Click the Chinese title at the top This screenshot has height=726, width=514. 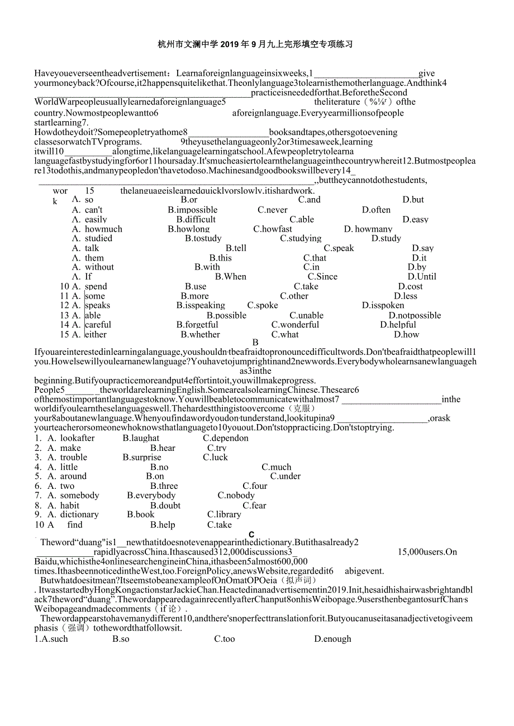[255, 44]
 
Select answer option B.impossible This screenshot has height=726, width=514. [193, 210]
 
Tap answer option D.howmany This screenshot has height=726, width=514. [368, 229]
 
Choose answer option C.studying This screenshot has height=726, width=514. [301, 238]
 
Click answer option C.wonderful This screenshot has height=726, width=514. [295, 324]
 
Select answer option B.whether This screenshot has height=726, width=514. [200, 334]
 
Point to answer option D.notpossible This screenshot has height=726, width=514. [415, 315]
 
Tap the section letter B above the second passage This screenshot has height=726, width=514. [255, 343]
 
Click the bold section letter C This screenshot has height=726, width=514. [252, 535]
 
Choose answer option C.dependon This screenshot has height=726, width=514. [226, 438]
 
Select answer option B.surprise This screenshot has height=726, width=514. [142, 457]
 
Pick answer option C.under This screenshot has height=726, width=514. [285, 476]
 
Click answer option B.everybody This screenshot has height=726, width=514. [151, 495]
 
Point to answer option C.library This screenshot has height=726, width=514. [224, 514]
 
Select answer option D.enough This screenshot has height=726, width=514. [332, 639]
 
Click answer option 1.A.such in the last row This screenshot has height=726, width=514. [51, 639]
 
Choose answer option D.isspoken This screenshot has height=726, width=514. [383, 305]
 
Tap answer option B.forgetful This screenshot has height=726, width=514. [197, 324]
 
